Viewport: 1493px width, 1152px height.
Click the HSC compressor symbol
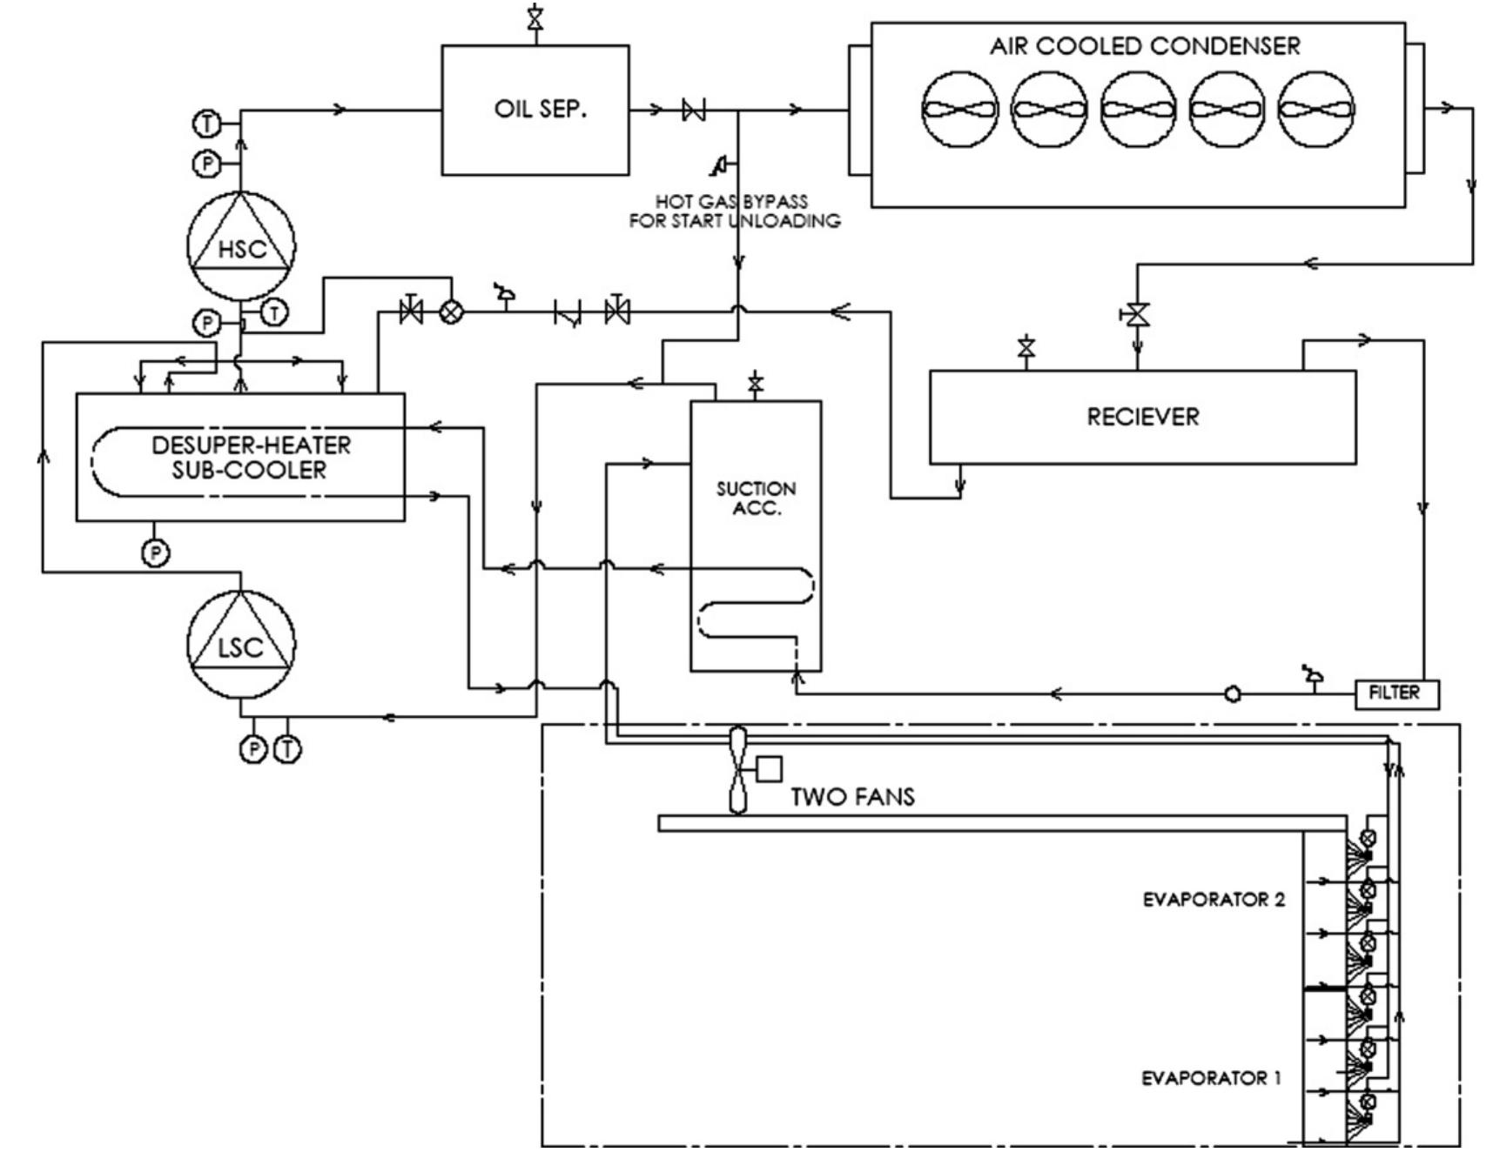click(241, 245)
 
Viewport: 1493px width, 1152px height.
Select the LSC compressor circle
click(241, 645)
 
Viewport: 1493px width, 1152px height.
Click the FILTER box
click(1396, 693)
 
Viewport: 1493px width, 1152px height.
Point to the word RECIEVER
click(1142, 417)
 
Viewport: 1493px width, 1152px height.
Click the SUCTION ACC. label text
click(756, 499)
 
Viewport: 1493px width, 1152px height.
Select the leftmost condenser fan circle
click(959, 111)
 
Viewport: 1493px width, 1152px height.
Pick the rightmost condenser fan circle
click(1315, 111)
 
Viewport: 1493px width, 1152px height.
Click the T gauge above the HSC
click(206, 124)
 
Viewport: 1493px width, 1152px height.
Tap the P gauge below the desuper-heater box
click(156, 552)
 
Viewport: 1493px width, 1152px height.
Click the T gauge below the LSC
click(287, 748)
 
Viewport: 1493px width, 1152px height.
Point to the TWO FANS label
click(852, 797)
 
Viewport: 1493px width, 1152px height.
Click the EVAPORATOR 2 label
click(1214, 900)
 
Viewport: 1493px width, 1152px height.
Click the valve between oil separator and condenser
click(694, 111)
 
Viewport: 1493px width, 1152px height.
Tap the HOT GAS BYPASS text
click(732, 202)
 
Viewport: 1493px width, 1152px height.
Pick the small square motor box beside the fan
click(770, 769)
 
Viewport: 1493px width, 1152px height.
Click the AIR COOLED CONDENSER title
click(1144, 46)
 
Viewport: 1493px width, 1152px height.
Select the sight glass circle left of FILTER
click(1233, 694)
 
